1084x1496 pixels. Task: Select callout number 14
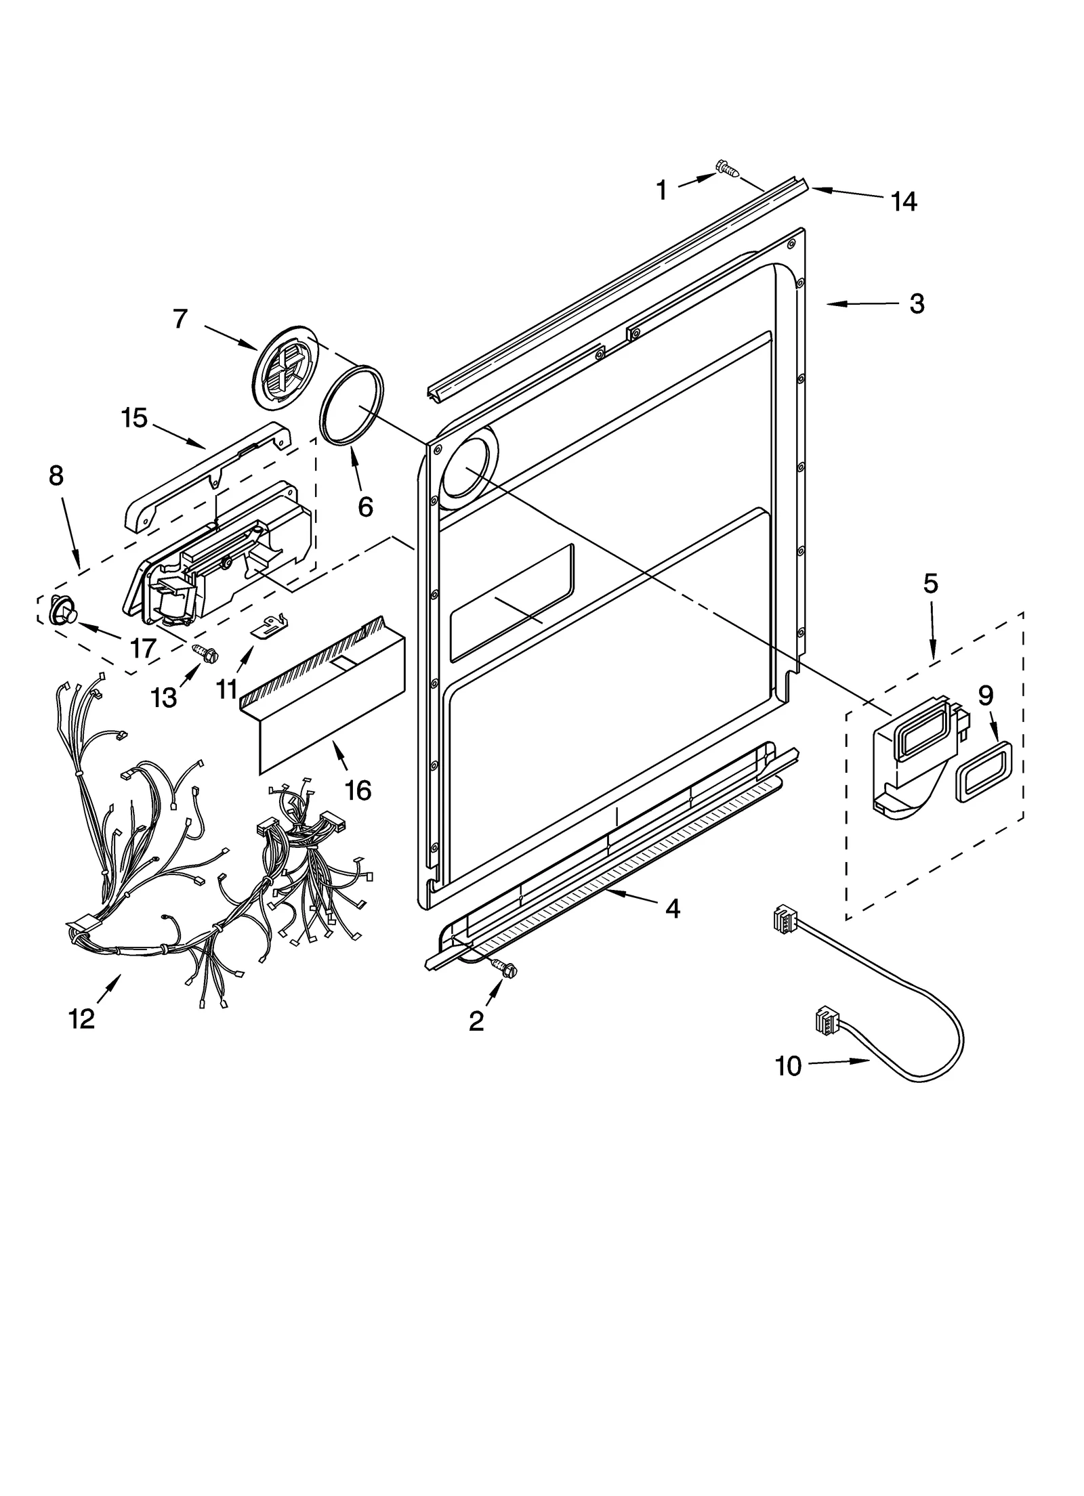tap(904, 201)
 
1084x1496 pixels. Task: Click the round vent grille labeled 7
tap(280, 368)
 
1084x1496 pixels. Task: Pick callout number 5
tap(930, 583)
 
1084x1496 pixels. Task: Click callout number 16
tap(358, 790)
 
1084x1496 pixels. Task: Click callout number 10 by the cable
tap(789, 1066)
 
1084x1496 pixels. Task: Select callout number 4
tap(671, 908)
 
